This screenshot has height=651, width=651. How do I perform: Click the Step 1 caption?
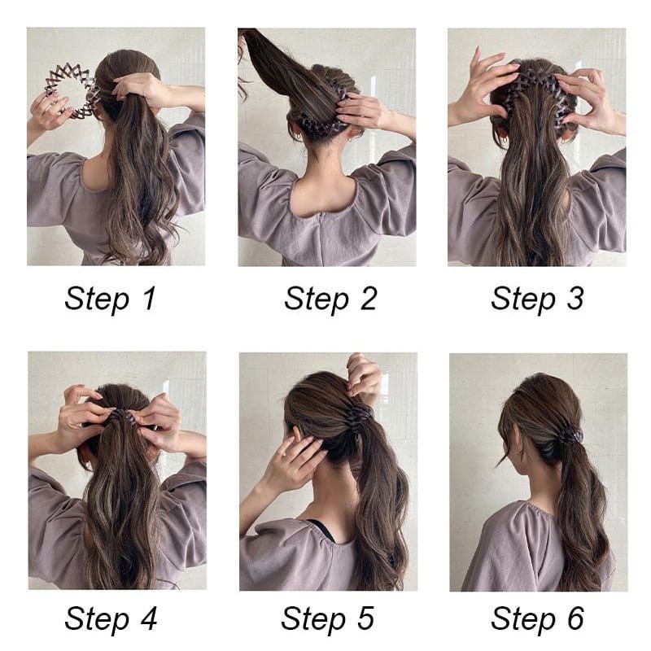(111, 299)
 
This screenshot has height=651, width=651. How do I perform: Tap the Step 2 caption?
(330, 299)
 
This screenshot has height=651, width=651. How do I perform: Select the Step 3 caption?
(537, 299)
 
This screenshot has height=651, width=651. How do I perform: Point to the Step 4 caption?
(111, 618)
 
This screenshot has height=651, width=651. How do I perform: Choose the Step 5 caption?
(328, 618)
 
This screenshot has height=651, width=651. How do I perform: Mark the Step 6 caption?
(538, 618)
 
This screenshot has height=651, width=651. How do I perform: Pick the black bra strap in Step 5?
(325, 529)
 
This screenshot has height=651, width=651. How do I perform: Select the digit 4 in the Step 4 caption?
(149, 618)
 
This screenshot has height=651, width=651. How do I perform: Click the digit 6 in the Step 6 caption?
(576, 618)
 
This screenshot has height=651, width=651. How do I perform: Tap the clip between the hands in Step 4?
(120, 414)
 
